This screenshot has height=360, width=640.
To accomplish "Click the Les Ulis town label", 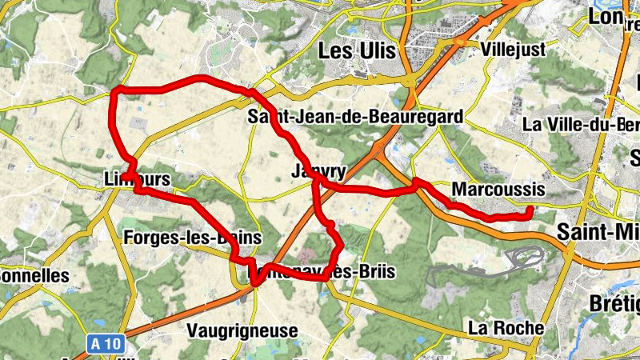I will [357, 50].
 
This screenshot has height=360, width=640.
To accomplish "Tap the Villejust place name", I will [514, 50].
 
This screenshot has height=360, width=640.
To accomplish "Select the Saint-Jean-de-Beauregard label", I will [354, 118].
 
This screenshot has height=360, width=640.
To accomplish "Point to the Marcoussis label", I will [498, 190].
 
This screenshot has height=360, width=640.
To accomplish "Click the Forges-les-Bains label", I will [193, 238].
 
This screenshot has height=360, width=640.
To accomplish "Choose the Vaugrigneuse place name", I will [242, 330].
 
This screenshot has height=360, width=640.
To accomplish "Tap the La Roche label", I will [506, 328].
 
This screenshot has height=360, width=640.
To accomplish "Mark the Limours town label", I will [138, 180].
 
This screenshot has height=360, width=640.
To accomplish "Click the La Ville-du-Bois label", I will [579, 125].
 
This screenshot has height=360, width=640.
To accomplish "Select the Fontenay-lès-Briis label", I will [324, 272].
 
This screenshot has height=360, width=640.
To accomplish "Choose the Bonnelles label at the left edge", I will [34, 275].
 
